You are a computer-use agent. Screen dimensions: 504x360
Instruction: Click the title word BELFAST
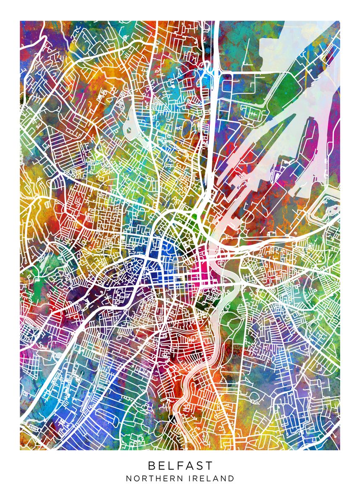tap(180, 465)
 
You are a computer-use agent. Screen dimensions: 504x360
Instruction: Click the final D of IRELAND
tap(231, 478)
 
